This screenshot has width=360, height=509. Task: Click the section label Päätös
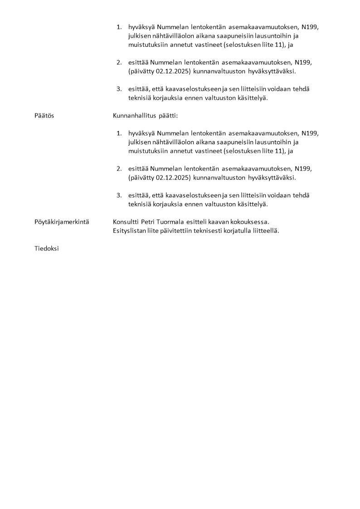click(44, 116)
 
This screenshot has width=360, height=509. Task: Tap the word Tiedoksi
click(46, 249)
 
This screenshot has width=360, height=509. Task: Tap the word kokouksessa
click(250, 222)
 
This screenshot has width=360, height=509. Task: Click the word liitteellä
click(268, 230)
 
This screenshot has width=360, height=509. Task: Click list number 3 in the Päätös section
click(119, 196)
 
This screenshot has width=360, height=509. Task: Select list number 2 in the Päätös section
click(119, 169)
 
